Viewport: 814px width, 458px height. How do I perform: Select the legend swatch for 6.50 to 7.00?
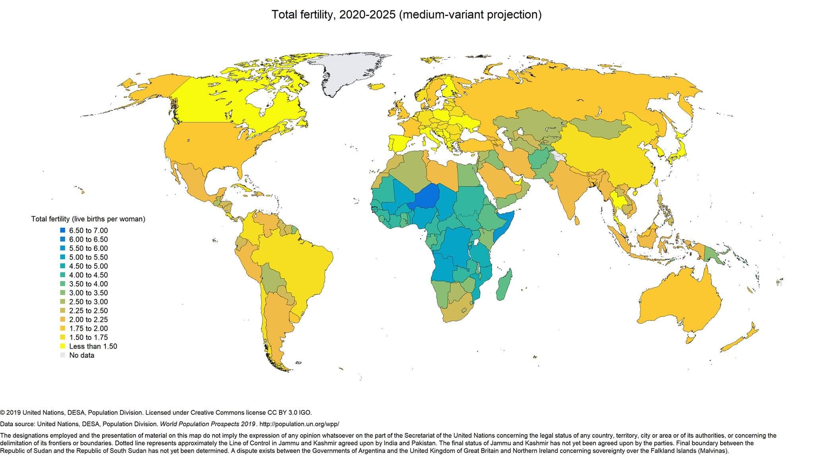62,231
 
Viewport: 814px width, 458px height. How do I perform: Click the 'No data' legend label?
81,355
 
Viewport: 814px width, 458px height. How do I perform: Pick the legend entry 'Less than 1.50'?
93,346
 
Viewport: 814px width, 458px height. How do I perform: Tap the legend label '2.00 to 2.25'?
88,320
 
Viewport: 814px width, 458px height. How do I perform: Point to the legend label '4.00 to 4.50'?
88,275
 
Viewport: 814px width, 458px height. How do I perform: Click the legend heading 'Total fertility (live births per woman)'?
88,219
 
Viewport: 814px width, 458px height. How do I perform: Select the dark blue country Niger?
425,197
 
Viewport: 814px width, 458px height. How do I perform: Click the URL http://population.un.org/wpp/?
299,424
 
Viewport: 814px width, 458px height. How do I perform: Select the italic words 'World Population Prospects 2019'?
207,424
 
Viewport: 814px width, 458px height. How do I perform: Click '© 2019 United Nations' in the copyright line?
30,413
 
